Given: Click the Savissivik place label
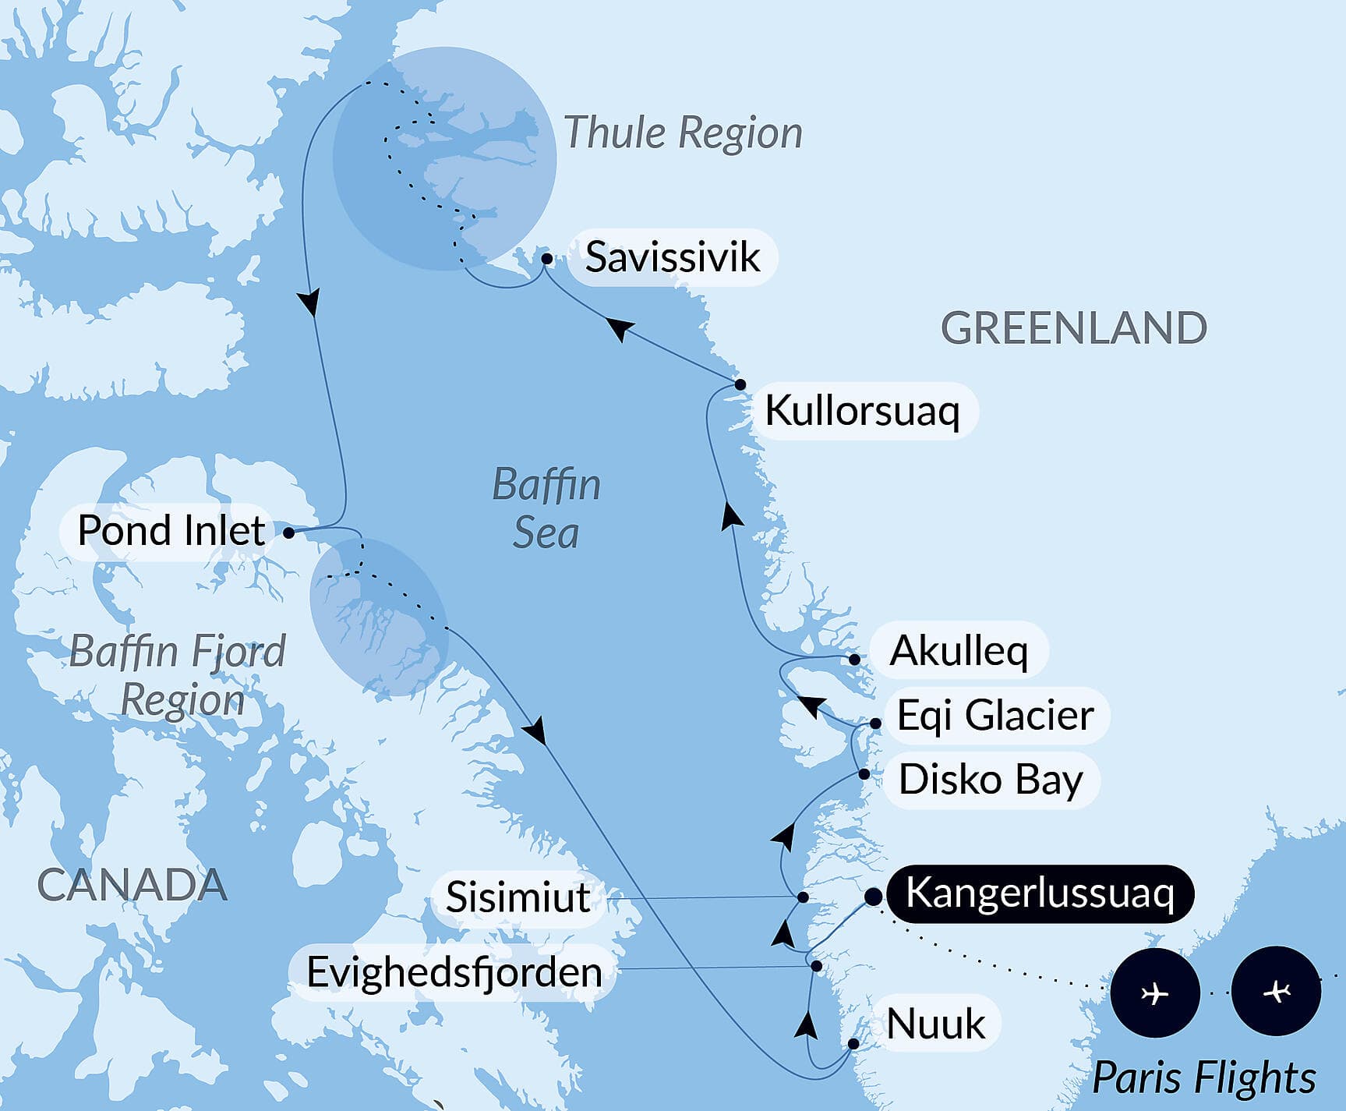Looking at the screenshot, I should tap(672, 257).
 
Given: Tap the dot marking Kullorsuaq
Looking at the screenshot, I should tap(740, 384).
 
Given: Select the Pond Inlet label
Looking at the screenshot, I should tap(171, 531).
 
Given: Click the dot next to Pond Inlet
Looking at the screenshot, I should tap(289, 533).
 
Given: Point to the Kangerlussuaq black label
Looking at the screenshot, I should tap(1040, 893).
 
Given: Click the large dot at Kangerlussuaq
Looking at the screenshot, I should tap(873, 897).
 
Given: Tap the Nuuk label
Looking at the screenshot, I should tap(935, 1024).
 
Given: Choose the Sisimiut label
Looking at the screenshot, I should tap(518, 897).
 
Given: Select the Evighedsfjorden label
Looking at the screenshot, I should tap(454, 972).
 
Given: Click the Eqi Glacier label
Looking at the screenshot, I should tap(995, 716).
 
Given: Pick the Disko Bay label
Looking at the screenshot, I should tap(991, 780).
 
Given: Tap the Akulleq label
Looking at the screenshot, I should tap(959, 651).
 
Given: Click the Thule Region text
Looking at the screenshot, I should tap(683, 133).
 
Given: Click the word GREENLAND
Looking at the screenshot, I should tap(1074, 328).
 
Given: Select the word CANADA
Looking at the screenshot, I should tap(132, 886).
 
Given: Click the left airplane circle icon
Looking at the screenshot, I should tap(1154, 993).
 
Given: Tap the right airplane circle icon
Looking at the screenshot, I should tap(1276, 992).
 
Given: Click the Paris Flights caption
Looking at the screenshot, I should tap(1204, 1078).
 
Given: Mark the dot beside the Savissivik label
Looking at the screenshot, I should tap(547, 259).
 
